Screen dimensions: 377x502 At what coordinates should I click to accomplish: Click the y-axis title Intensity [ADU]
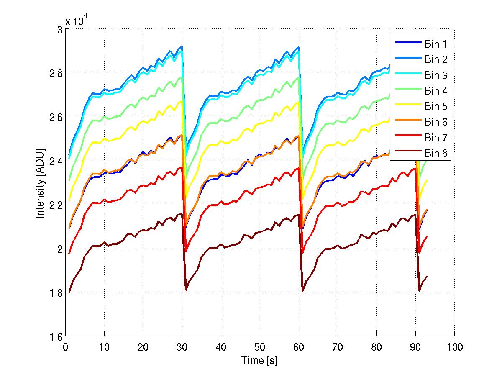[41, 183]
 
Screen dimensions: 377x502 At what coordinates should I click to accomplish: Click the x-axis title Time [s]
[259, 360]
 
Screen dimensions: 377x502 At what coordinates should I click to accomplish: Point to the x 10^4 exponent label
[76, 21]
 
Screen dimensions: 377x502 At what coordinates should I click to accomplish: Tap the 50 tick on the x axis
[260, 347]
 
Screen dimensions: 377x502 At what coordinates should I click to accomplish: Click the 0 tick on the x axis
[65, 347]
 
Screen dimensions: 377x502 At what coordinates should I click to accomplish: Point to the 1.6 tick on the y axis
[56, 337]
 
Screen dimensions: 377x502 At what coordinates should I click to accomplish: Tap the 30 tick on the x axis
[182, 347]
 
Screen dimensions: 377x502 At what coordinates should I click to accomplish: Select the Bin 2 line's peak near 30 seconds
[182, 46]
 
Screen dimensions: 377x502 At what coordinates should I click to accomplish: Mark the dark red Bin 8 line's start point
[69, 292]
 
